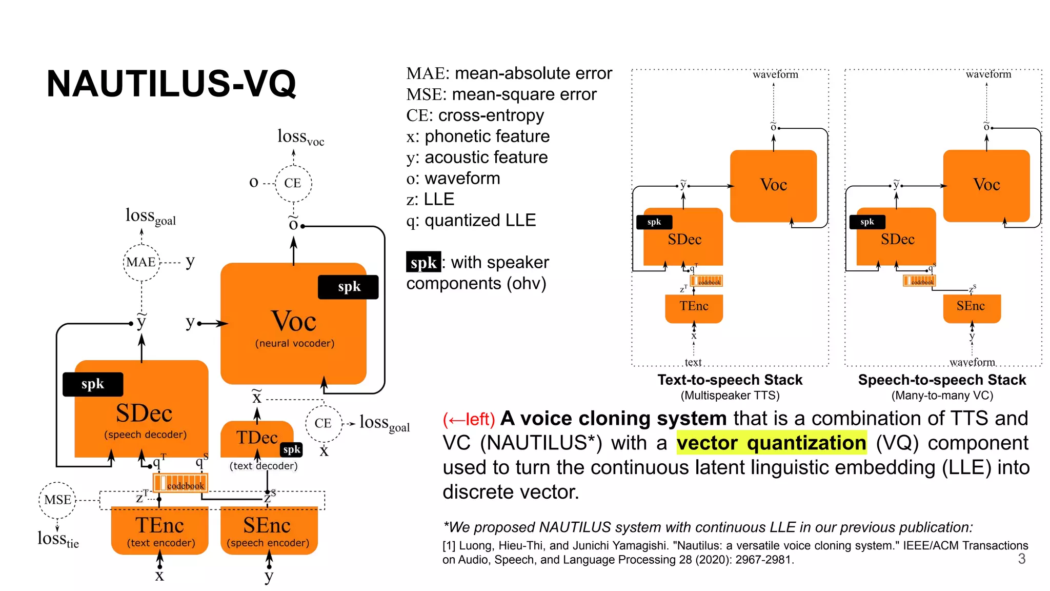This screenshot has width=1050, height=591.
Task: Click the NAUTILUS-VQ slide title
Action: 171,84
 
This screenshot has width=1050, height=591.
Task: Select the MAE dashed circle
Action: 142,262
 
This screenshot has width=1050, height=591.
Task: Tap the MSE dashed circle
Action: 57,500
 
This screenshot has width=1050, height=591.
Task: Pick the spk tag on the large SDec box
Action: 93,384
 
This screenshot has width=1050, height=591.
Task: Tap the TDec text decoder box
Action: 256,439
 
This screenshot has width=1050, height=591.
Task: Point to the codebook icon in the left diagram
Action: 180,483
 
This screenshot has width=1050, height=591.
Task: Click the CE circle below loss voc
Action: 293,183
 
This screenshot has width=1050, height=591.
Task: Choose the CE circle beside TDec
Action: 323,423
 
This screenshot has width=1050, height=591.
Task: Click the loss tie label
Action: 58,539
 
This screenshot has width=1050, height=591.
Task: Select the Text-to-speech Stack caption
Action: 730,380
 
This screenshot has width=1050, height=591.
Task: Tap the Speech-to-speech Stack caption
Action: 942,380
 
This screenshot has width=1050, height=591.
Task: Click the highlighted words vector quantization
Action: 771,443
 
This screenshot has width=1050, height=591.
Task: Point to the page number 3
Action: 1021,559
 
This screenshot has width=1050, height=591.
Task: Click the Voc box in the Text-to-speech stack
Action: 773,186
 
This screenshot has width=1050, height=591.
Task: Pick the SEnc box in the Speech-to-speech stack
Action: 971,307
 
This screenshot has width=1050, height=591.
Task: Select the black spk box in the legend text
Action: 423,263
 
